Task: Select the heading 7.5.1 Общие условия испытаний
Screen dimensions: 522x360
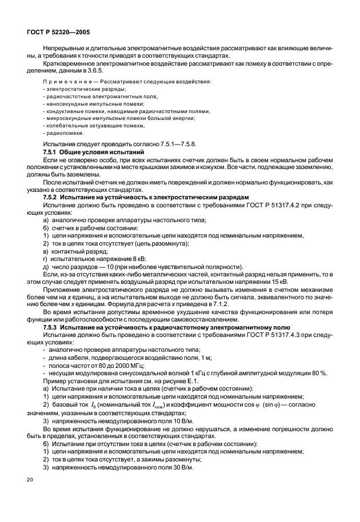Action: coord(94,152)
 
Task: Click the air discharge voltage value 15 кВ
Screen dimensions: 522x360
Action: coord(278,280)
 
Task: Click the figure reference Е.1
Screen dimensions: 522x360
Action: coord(180,380)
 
